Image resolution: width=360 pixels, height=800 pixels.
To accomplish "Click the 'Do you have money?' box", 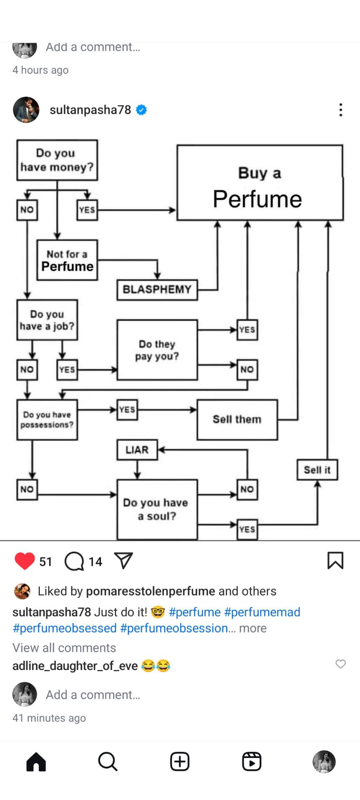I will tap(57, 160).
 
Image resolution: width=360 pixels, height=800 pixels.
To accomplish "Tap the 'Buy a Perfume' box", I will tap(260, 182).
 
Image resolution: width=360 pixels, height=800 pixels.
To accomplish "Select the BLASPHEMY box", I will tap(157, 290).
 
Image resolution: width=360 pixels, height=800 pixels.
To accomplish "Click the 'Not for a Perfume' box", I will tap(67, 260).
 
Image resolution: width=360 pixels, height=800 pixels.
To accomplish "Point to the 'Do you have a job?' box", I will tap(47, 320).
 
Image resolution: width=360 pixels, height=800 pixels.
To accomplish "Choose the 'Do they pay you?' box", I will tap(157, 350).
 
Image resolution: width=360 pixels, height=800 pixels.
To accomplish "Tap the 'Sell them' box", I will tap(237, 420).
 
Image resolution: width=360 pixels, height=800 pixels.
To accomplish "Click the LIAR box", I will tap(137, 450).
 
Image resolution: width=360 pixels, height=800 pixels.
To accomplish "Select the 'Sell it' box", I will tap(317, 470).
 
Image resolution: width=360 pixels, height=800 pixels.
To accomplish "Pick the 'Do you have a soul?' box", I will tap(157, 509).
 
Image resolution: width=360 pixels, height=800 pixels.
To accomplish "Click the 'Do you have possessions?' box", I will tap(47, 420).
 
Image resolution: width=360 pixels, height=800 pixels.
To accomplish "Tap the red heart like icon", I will tap(25, 561).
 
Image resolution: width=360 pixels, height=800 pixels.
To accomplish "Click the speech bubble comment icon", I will tap(75, 561).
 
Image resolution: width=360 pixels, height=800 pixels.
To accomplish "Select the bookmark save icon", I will tap(335, 560).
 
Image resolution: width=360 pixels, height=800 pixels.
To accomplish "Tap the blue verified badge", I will tap(142, 110).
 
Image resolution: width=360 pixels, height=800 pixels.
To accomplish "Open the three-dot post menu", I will tap(341, 110).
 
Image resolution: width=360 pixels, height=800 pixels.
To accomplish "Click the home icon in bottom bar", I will tap(36, 762).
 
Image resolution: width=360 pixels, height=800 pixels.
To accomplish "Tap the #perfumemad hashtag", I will tap(262, 612).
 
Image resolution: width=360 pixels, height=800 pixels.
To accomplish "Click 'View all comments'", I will tap(64, 647).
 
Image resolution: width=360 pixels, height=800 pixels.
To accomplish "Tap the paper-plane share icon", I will tap(123, 561).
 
